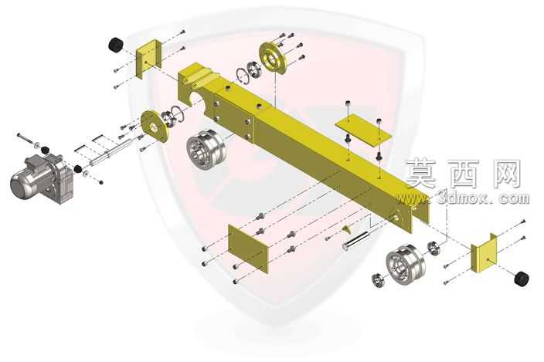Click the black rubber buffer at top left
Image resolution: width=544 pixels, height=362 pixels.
pos(116,45)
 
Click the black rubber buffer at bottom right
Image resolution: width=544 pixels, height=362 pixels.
pos(522,279)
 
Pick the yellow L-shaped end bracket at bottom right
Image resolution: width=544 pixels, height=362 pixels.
pos(484,253)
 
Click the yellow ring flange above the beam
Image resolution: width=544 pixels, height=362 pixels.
pos(273,58)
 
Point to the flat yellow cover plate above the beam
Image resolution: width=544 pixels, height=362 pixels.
pos(363,130)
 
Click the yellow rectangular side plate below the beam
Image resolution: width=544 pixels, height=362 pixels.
pos(248,249)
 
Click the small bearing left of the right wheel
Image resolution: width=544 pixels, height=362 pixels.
pos(378,280)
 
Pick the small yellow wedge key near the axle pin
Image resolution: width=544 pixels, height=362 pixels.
pos(346,228)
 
